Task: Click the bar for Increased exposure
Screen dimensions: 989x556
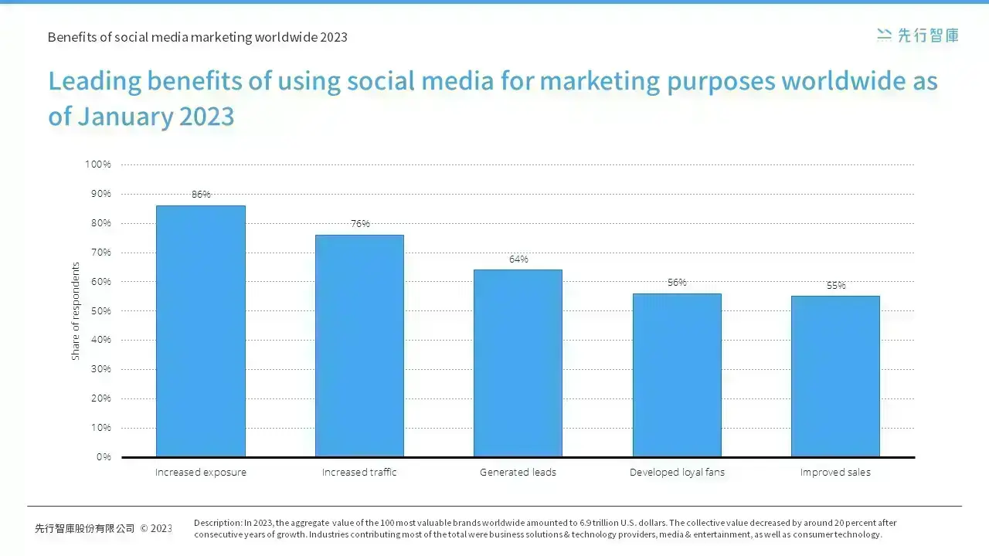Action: (x=201, y=331)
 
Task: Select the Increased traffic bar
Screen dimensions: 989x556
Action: (x=359, y=345)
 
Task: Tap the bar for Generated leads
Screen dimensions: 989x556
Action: (x=518, y=363)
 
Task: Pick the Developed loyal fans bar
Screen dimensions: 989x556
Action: (x=677, y=375)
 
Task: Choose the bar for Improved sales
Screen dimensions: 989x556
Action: (x=835, y=376)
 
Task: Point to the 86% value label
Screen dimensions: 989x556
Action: (x=201, y=194)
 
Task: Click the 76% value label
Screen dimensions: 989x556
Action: (x=360, y=224)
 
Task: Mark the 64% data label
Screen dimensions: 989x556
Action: (x=518, y=259)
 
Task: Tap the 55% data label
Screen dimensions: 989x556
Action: (x=836, y=286)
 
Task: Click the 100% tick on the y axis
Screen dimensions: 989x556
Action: (x=97, y=164)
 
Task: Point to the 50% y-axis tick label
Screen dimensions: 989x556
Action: (x=100, y=310)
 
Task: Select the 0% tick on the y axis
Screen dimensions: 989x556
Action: (x=104, y=457)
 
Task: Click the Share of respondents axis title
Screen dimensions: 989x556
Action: (x=76, y=311)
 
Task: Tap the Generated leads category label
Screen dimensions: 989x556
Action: (x=518, y=472)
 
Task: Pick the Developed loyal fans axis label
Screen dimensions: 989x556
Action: (x=677, y=473)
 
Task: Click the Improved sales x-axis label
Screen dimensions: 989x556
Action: (x=835, y=473)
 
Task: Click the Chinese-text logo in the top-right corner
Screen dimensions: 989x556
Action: (x=917, y=36)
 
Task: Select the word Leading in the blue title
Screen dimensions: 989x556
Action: (x=94, y=82)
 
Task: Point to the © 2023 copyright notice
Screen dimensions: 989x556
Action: (x=156, y=528)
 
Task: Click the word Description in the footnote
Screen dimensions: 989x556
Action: (x=218, y=524)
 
